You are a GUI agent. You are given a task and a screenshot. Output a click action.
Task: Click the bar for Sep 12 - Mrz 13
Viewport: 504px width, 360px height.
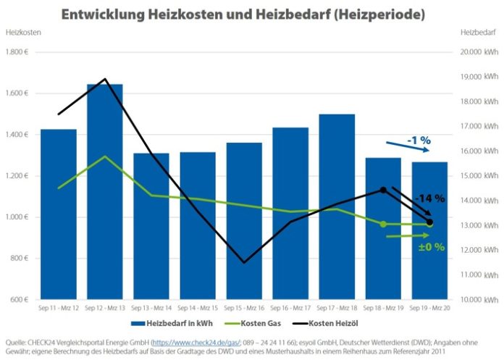[x=105, y=192]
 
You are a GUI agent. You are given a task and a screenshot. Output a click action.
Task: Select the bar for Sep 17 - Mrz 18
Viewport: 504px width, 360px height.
[x=337, y=206]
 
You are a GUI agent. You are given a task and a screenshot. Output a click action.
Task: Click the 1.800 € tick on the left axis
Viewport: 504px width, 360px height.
[x=17, y=52]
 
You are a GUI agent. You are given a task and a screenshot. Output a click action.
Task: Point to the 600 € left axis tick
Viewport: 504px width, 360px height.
[x=20, y=300]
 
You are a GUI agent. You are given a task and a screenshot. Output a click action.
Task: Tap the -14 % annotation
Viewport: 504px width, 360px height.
[x=429, y=198]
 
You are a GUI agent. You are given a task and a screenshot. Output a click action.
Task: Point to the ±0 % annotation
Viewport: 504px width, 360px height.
[x=429, y=247]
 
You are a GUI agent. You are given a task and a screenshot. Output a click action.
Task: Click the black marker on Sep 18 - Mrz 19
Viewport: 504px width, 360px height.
[x=383, y=190]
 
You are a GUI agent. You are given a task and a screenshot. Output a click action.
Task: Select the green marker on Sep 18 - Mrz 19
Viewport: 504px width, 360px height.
[x=383, y=224]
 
